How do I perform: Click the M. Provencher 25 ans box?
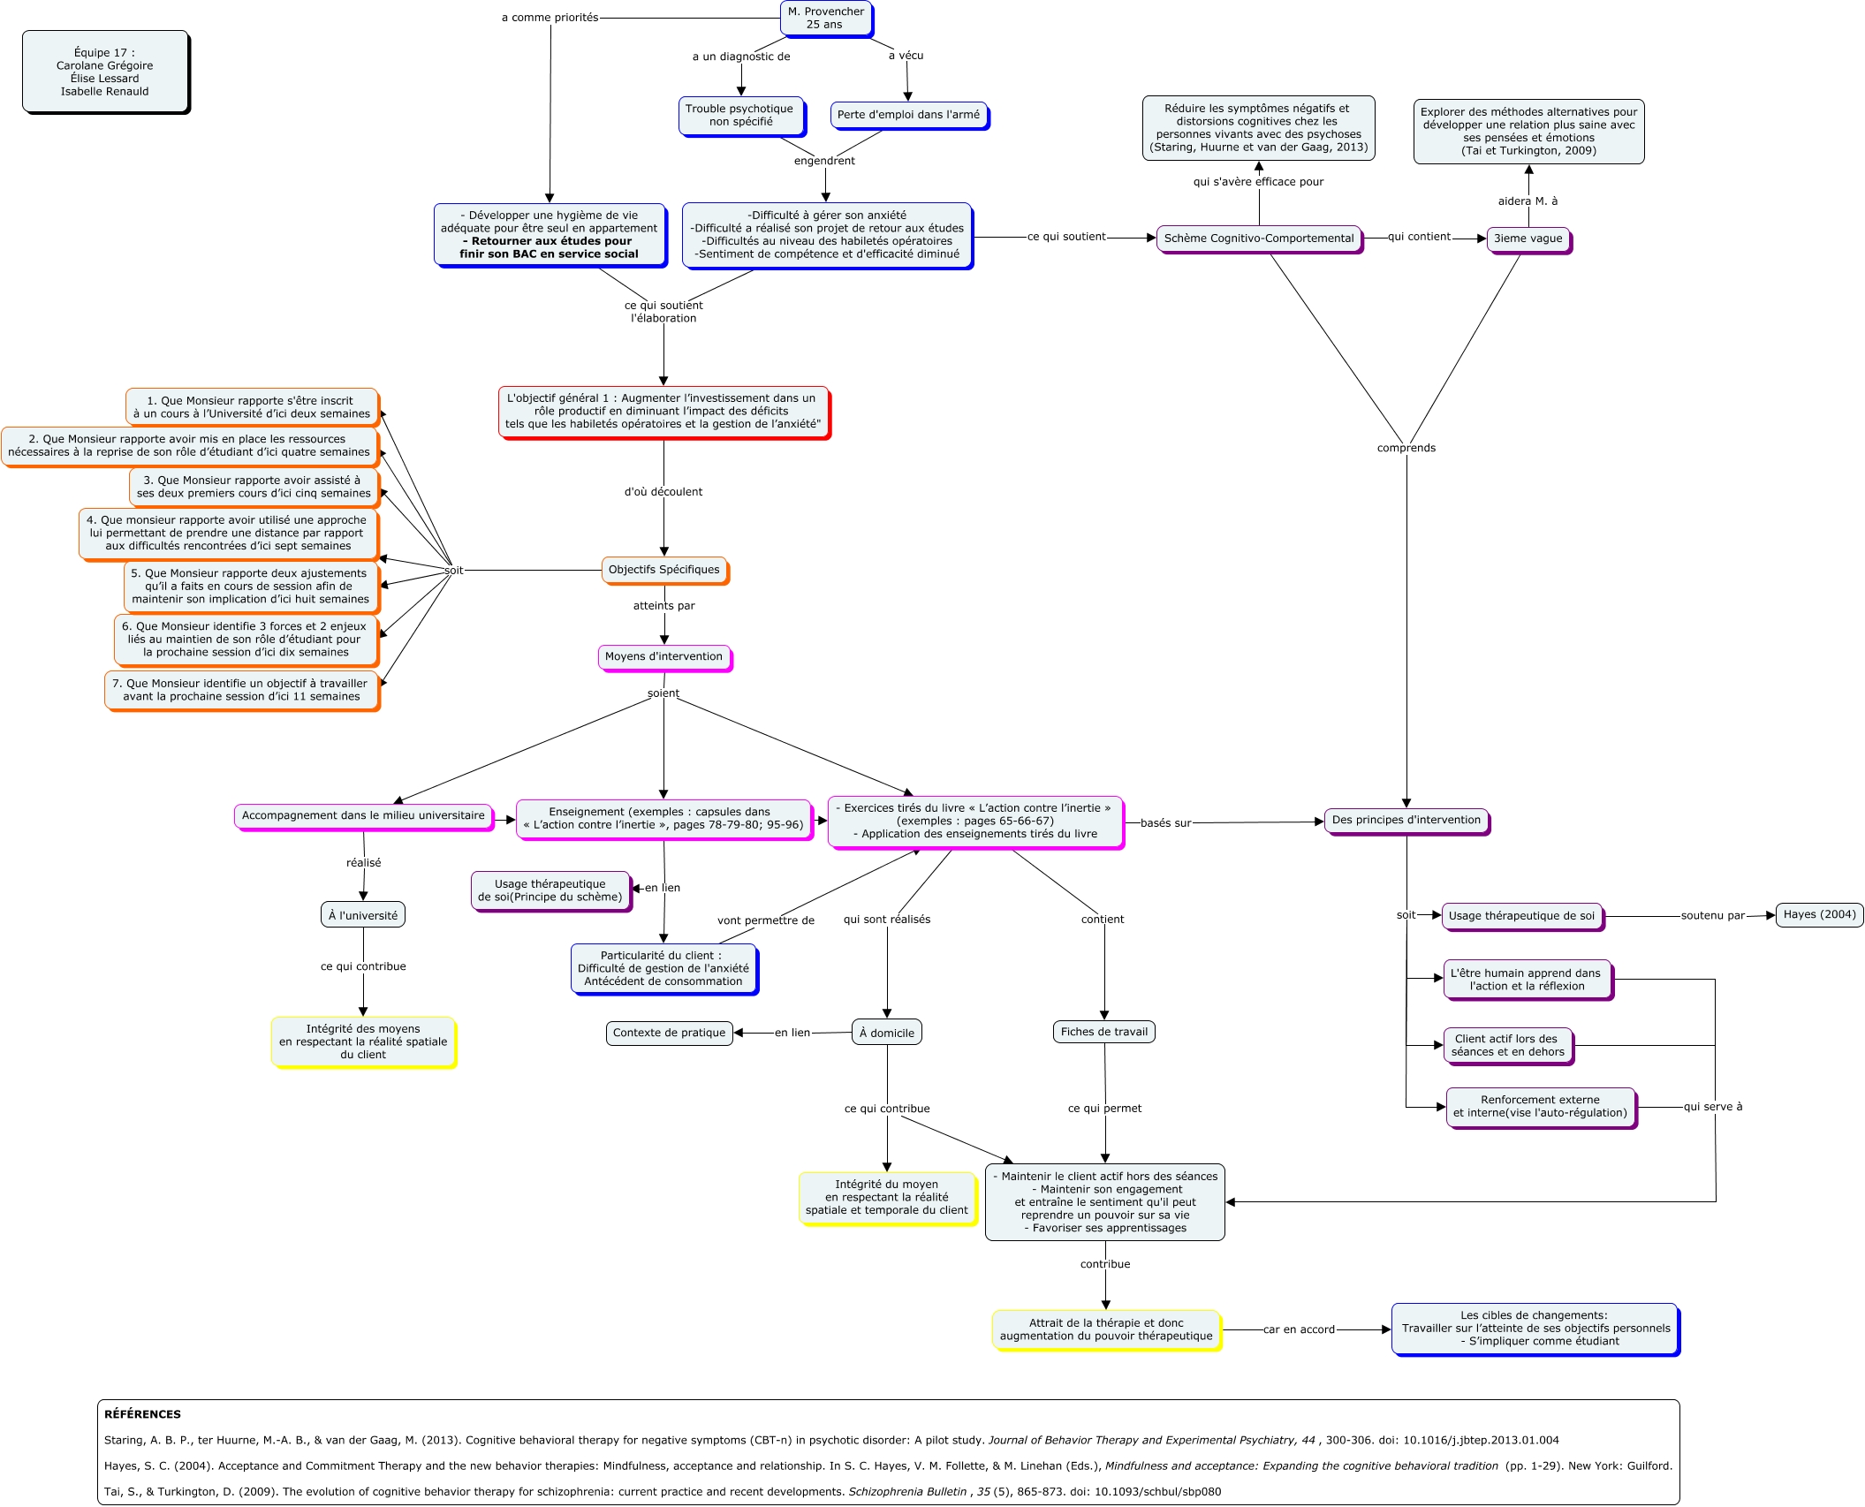click(825, 19)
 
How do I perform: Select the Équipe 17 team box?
click(105, 72)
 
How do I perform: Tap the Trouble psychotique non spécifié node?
click(740, 116)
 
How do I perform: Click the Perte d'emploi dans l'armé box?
click(908, 115)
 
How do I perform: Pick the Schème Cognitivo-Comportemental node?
click(1258, 239)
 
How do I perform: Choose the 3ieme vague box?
click(1528, 239)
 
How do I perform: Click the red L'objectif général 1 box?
click(663, 412)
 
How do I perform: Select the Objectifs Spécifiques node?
click(663, 570)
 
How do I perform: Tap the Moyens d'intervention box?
click(663, 657)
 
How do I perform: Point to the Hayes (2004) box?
click(1819, 915)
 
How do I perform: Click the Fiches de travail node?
click(1103, 1032)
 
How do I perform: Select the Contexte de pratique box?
click(669, 1033)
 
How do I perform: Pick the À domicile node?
click(886, 1033)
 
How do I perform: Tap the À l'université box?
click(363, 915)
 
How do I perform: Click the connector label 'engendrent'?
click(824, 161)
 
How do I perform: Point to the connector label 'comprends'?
click(1406, 448)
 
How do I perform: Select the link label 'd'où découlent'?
click(663, 492)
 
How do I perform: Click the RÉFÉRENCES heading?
click(142, 1414)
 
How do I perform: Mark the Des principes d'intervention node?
click(1406, 821)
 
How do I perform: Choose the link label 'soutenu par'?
click(1712, 916)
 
